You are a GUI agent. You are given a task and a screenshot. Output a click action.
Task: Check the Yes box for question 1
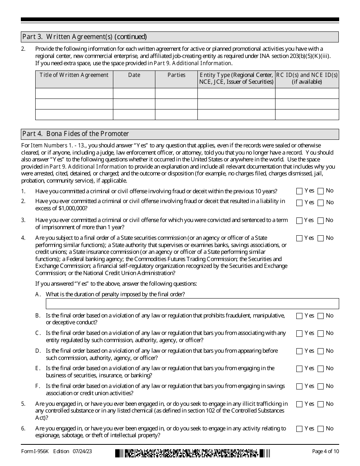299,191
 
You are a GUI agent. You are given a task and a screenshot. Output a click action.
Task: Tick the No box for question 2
321,203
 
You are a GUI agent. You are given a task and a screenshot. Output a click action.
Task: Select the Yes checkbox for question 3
299,220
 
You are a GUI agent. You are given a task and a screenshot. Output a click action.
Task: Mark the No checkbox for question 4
321,238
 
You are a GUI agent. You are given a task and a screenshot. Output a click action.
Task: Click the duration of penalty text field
192,304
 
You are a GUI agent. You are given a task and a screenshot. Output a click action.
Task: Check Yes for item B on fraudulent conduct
299,316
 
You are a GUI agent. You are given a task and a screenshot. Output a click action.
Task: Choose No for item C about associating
321,333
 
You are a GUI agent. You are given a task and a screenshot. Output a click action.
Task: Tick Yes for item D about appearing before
299,351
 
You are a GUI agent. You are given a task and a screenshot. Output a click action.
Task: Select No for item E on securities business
321,369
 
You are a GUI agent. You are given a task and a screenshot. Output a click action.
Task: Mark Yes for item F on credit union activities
299,386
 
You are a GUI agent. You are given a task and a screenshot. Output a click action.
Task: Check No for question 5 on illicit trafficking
321,404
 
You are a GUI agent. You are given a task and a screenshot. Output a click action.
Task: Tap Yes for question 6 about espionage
299,429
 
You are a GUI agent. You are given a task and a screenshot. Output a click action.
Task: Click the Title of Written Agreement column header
74,75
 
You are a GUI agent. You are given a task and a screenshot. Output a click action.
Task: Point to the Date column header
134,75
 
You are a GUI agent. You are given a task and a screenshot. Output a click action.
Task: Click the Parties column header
176,75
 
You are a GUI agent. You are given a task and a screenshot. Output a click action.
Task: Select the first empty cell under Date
134,94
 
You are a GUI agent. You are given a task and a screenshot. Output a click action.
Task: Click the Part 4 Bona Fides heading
76,134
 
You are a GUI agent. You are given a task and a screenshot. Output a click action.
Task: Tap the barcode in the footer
193,452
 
